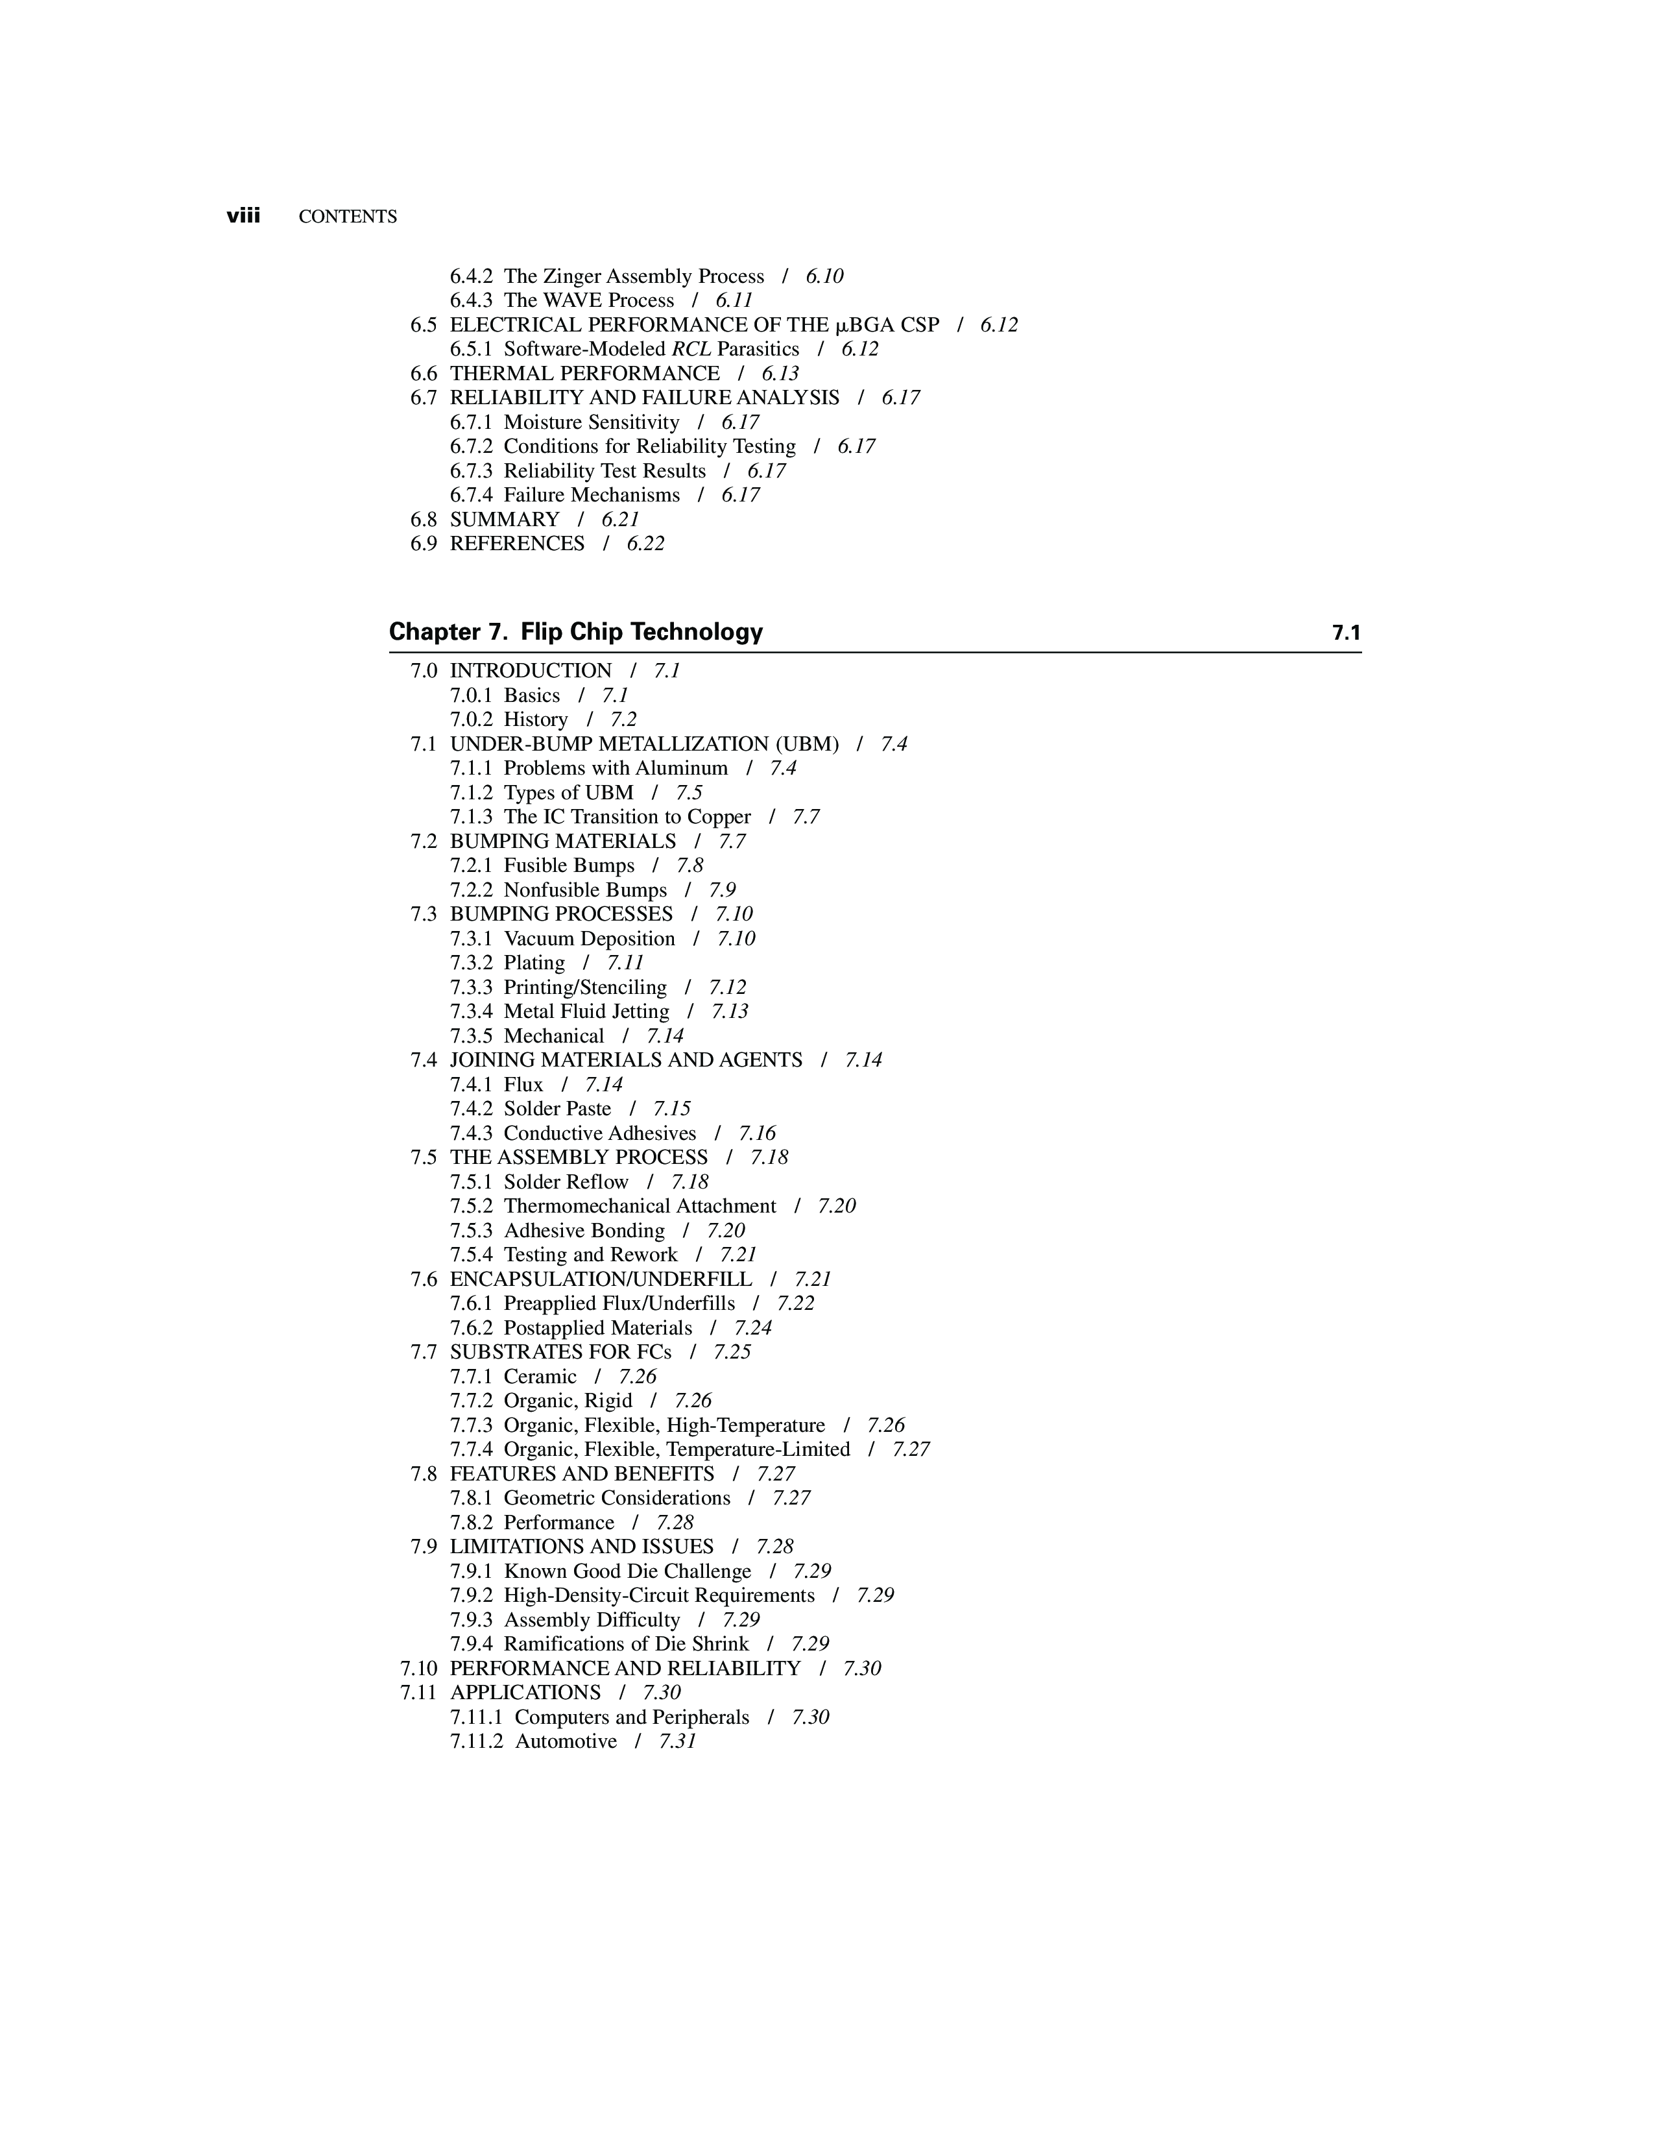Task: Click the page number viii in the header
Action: tap(243, 217)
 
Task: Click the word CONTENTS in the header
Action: tap(348, 217)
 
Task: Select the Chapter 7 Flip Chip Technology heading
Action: tap(575, 633)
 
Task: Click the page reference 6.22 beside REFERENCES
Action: tap(646, 544)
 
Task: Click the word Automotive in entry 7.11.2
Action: tap(566, 1741)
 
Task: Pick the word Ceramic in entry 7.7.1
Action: tap(540, 1376)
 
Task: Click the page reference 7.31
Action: tap(677, 1741)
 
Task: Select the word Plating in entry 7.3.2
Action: tap(534, 963)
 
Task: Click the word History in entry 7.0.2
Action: tap(535, 720)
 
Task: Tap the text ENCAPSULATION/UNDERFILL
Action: tap(601, 1279)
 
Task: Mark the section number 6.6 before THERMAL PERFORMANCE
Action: tap(424, 374)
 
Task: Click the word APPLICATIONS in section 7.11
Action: tap(525, 1693)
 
